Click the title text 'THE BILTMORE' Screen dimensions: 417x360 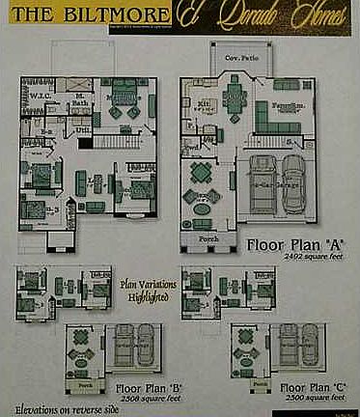(86, 16)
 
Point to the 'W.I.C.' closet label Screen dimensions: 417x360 (39, 96)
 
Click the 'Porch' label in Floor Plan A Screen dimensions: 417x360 (208, 238)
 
